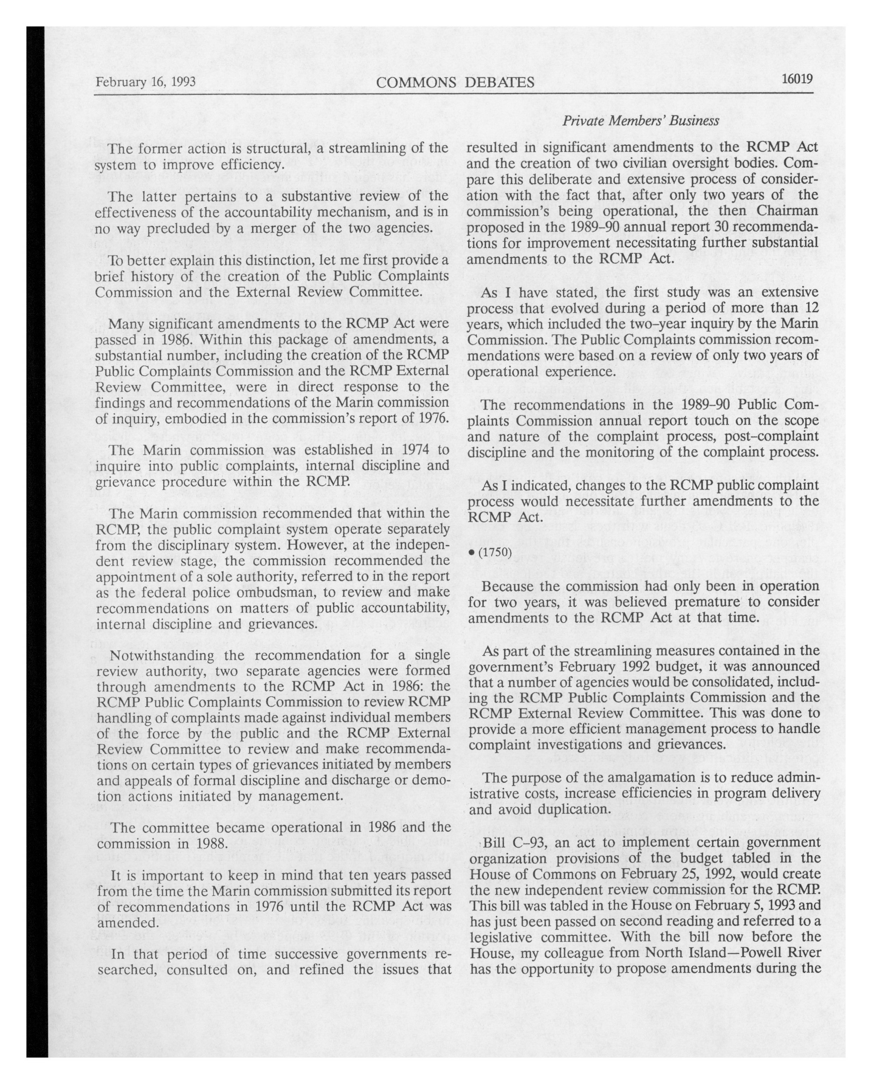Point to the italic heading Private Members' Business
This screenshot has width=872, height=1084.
coord(640,121)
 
